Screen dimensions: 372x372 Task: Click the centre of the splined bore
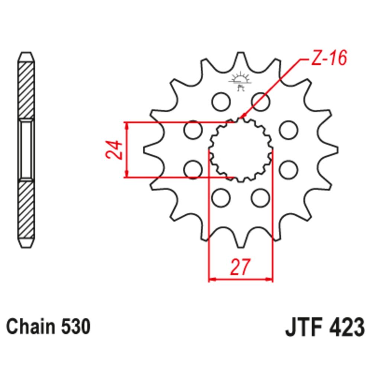click(240, 150)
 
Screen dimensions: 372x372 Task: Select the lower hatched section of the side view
click(28, 208)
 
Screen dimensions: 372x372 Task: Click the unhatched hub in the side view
click(28, 150)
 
